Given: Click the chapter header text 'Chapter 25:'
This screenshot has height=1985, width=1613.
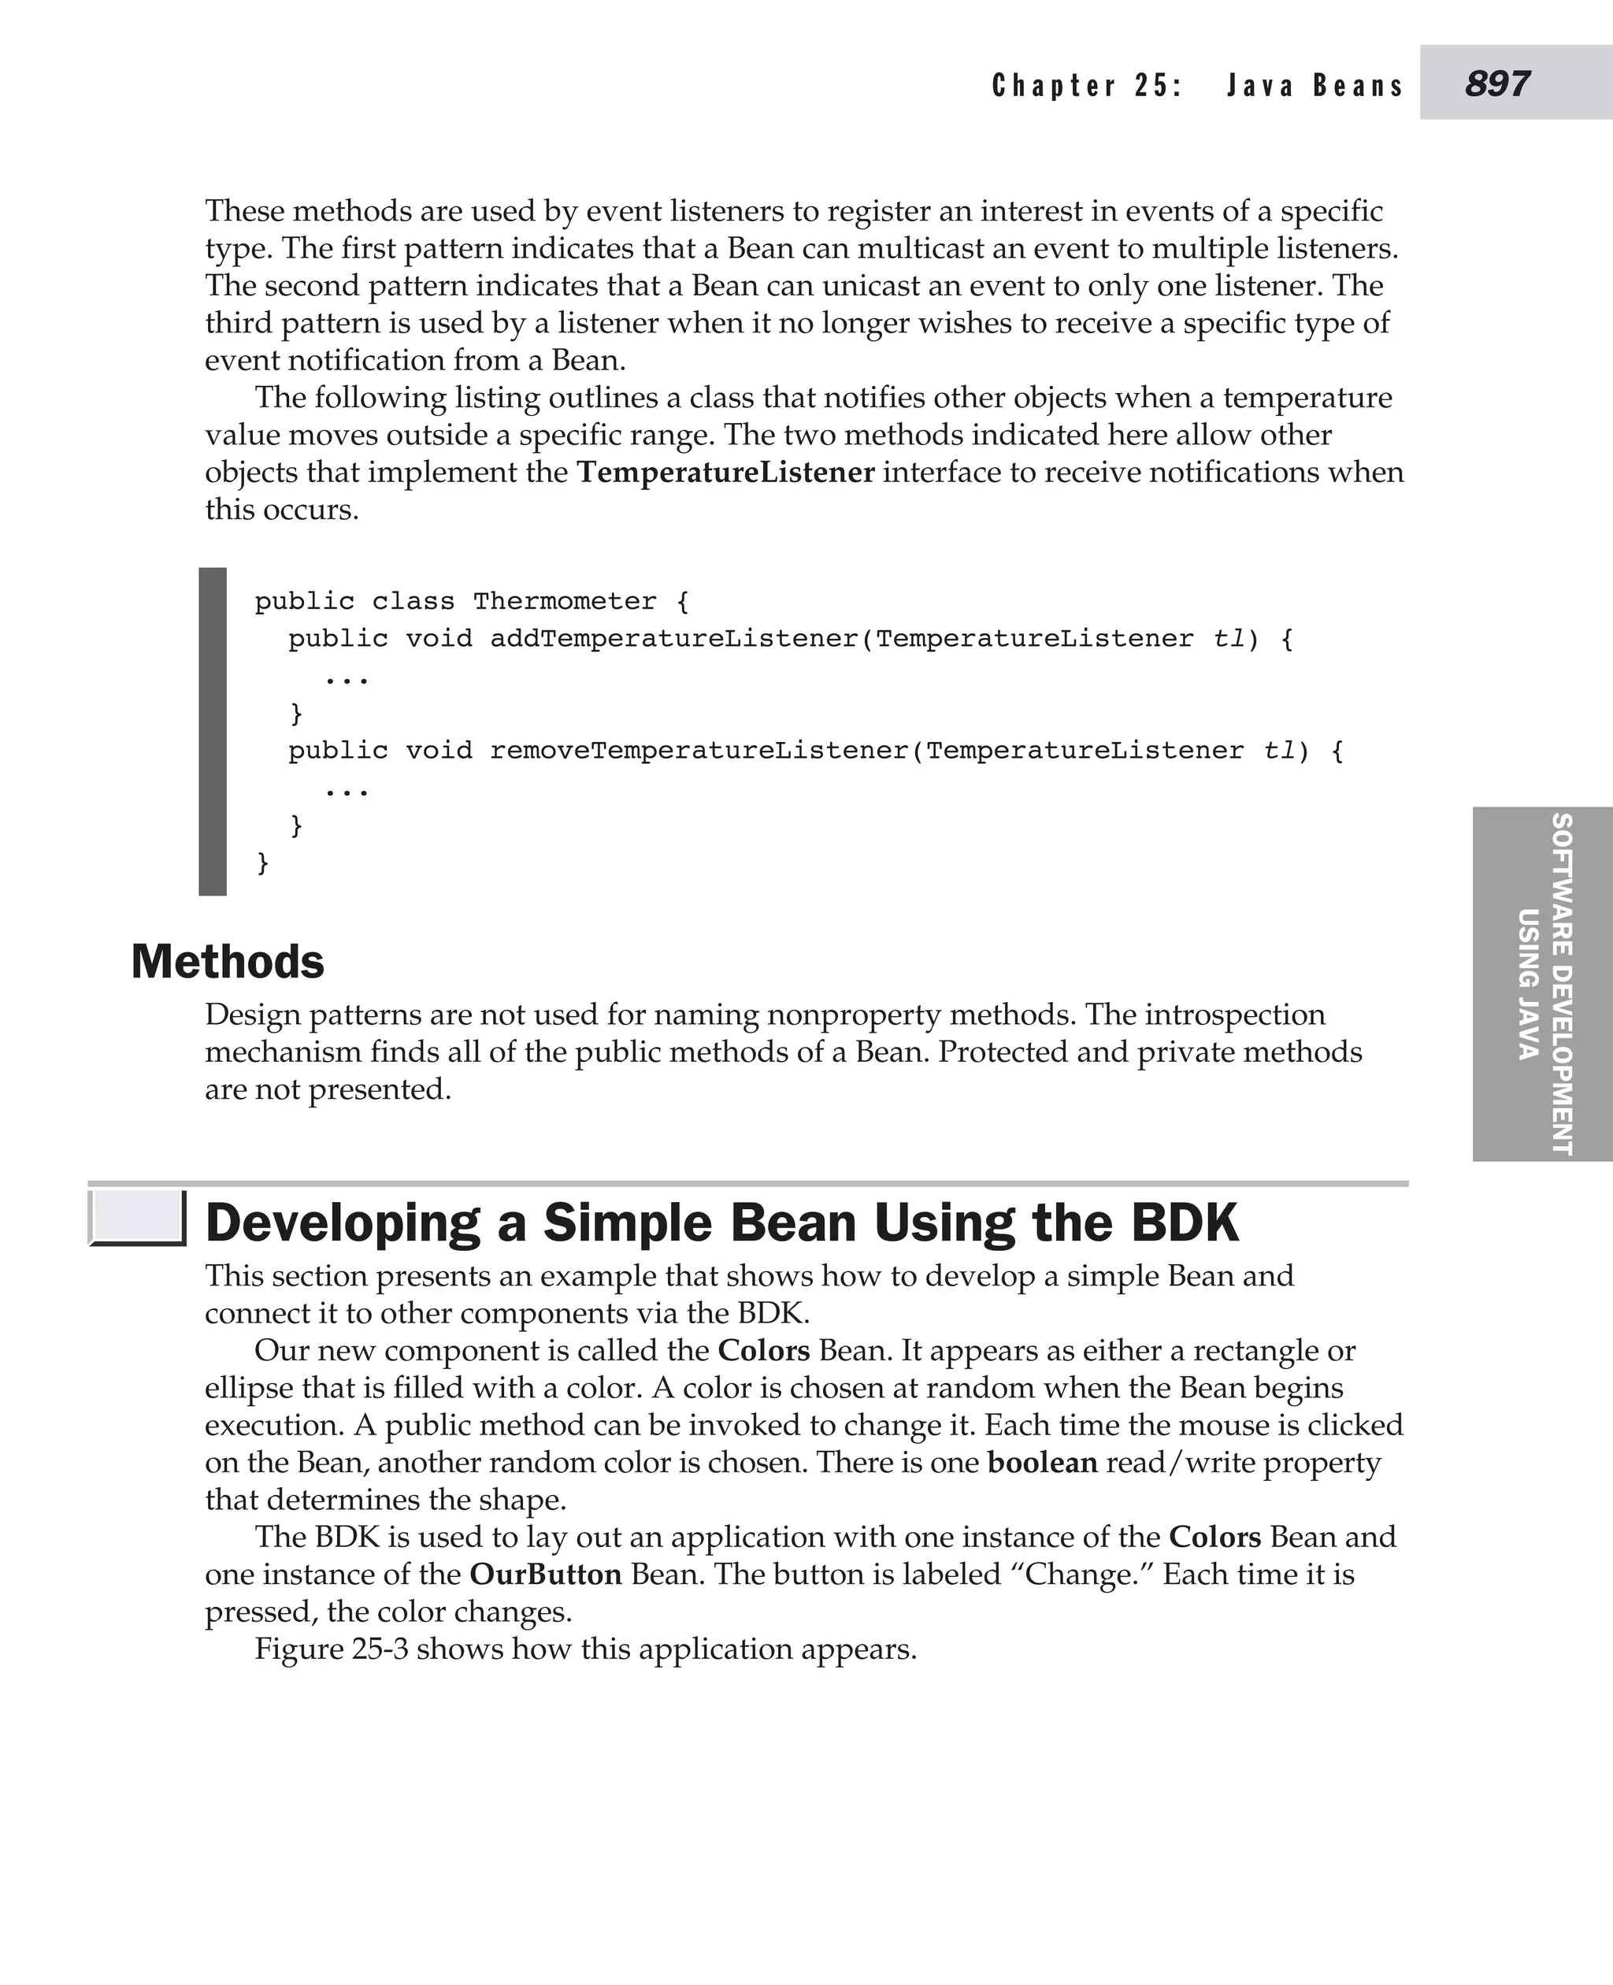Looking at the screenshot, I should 1086,86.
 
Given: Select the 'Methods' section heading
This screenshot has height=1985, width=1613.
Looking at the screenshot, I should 228,961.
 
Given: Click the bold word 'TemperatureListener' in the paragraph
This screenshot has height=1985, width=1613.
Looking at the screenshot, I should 725,472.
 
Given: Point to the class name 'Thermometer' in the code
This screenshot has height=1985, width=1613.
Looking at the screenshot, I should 564,601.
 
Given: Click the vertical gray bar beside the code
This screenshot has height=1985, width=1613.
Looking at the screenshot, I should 213,731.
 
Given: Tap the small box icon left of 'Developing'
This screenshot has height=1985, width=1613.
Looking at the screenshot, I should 138,1218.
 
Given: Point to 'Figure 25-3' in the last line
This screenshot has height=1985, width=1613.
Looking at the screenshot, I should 331,1648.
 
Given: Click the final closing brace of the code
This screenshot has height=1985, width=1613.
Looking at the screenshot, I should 263,863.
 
